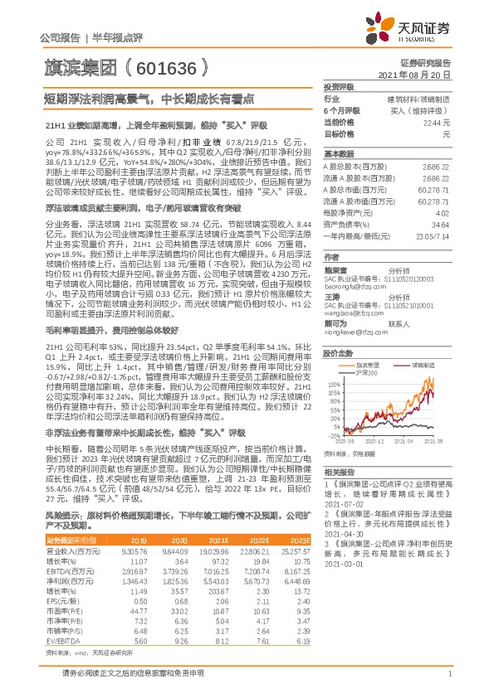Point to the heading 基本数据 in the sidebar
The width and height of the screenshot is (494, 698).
338,155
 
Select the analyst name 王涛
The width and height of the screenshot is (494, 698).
331,296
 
